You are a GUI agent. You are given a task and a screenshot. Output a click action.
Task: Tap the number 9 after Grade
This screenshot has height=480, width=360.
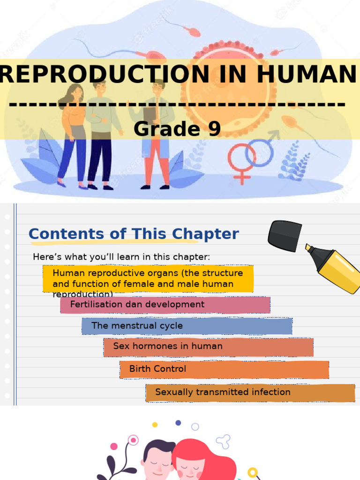214,129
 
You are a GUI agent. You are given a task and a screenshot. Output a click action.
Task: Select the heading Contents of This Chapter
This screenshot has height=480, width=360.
134,233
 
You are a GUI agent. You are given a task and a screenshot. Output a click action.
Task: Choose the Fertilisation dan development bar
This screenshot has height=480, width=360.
165,305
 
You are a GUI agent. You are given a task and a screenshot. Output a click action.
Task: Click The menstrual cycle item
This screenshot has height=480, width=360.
187,326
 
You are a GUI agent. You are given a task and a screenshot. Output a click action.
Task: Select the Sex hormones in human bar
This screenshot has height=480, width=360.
208,347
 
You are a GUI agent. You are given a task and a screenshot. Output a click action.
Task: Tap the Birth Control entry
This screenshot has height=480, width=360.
224,369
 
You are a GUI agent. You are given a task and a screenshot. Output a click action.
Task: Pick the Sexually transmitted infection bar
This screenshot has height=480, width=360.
250,392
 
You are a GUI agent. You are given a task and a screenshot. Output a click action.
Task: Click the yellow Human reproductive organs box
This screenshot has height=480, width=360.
148,278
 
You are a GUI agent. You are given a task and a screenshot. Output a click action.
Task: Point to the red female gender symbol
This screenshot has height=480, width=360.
241,162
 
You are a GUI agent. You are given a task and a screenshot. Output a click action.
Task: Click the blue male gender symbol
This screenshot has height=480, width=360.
260,150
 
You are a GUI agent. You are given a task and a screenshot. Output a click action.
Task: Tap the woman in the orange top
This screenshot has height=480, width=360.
73,136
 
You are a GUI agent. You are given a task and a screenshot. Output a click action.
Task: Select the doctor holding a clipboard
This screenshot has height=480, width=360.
157,136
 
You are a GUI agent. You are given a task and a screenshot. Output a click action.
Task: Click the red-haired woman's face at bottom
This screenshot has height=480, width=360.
190,464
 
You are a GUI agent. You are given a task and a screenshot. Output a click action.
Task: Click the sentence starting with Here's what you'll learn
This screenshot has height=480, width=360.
121,257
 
